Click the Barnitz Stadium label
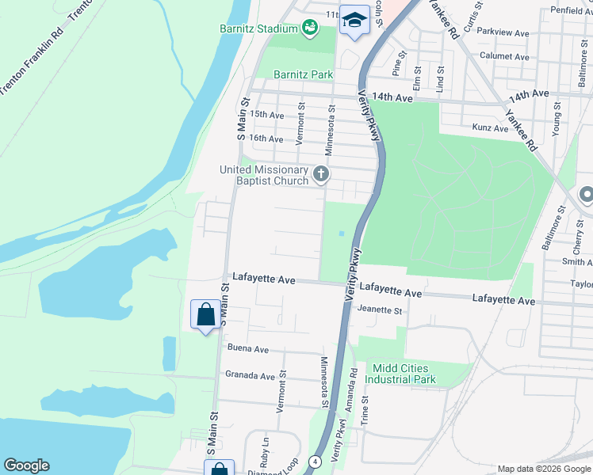click(258, 29)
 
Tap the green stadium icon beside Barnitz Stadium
click(310, 29)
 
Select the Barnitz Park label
click(303, 74)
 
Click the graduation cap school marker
click(354, 20)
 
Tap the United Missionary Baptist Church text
click(264, 175)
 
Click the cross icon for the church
click(321, 173)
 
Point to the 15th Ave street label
click(266, 115)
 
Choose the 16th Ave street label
click(266, 139)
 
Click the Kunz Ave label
click(489, 127)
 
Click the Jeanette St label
click(380, 310)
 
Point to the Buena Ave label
click(248, 348)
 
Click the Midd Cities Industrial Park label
click(400, 374)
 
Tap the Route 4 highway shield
click(315, 461)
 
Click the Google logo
click(26, 465)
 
